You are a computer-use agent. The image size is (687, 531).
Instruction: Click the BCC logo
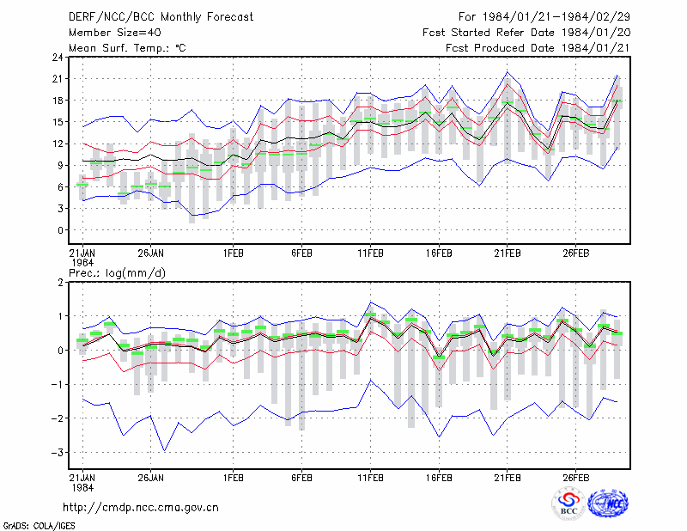568,504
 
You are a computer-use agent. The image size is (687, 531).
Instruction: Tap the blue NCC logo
608,504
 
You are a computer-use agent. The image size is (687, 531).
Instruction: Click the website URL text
141,508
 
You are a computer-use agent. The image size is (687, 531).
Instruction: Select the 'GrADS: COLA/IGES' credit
39,526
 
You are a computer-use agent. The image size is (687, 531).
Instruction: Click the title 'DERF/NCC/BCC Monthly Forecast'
161,17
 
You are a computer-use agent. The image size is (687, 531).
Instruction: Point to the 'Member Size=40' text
115,33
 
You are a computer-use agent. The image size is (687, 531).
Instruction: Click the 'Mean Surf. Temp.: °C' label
127,48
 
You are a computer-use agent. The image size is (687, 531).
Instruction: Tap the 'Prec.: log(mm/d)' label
117,273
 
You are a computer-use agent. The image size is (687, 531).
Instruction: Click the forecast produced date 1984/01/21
596,48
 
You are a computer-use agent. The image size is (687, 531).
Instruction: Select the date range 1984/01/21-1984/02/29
556,17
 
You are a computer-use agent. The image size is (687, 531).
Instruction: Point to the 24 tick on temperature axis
58,58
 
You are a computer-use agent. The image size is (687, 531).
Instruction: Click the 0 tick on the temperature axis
60,230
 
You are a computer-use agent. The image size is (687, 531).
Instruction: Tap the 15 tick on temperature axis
58,122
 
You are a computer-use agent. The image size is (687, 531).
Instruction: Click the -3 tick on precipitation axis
57,453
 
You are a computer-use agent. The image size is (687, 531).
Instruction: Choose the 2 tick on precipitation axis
60,283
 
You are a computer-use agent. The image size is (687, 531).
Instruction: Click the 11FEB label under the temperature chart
370,253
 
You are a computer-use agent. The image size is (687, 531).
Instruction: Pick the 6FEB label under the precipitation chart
302,478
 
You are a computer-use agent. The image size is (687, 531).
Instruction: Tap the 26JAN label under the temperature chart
151,253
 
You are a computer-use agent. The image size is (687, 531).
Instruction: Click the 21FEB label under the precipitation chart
508,478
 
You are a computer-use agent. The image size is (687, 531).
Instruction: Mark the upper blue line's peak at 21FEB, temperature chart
508,72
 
